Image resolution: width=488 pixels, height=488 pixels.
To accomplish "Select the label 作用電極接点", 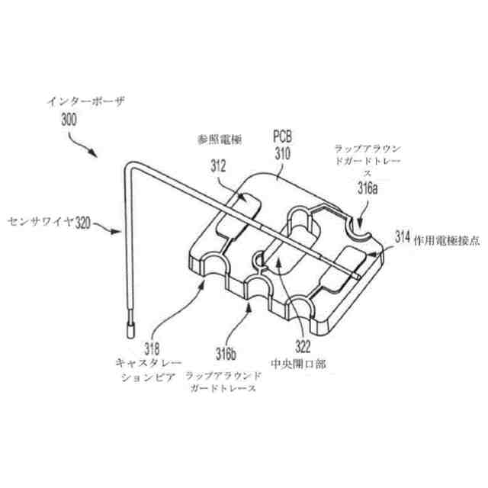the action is click(x=445, y=239).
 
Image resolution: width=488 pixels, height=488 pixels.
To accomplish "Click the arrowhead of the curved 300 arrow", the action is click(x=96, y=156).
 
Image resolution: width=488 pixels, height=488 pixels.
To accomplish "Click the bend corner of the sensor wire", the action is click(x=124, y=162).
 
